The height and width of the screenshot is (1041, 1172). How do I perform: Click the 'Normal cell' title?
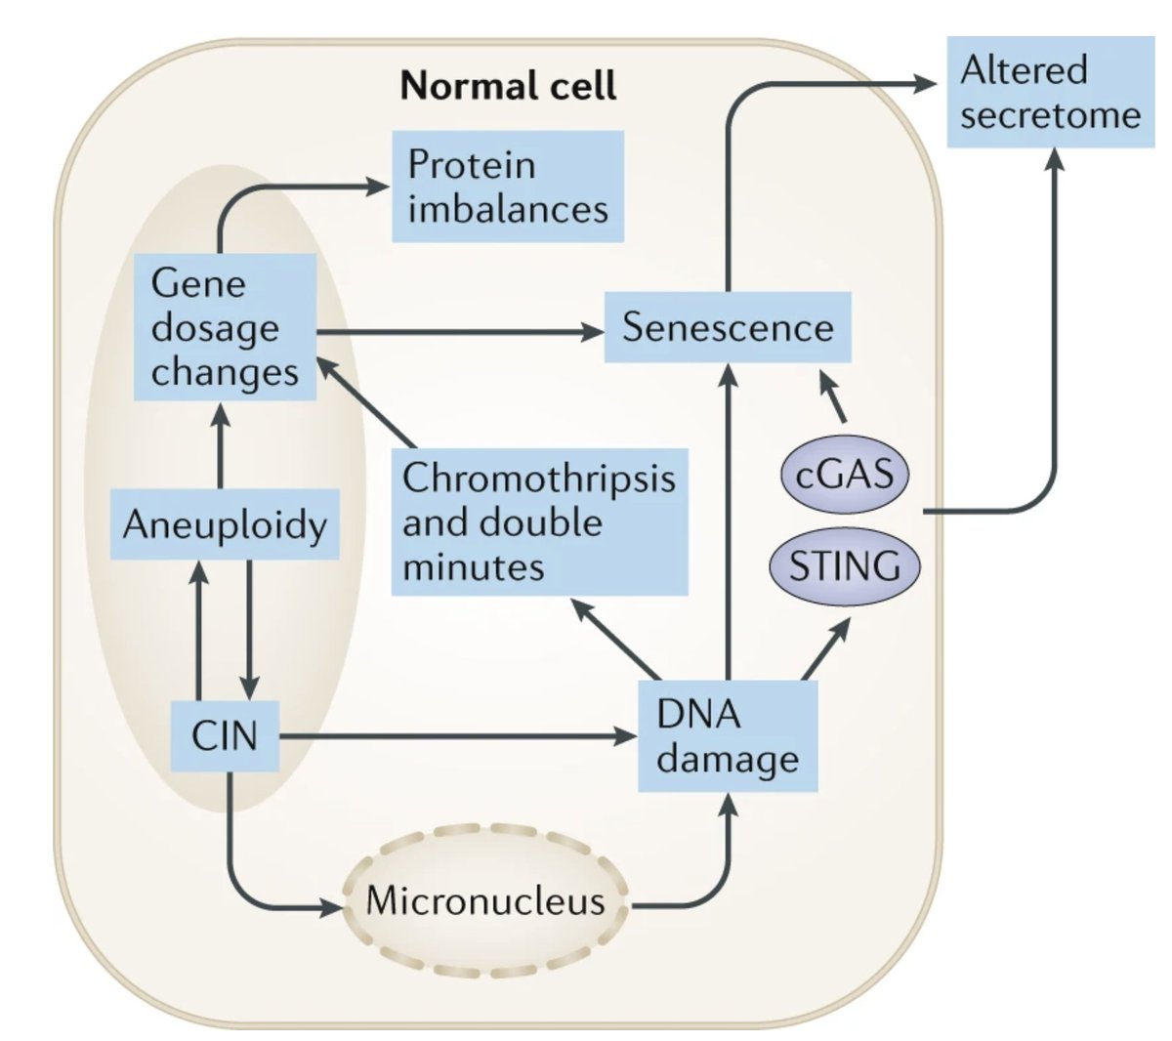(508, 86)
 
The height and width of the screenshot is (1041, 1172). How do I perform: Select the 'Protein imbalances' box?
(507, 187)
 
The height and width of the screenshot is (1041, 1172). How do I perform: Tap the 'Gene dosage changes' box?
(225, 328)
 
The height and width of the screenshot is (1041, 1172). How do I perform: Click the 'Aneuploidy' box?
(225, 525)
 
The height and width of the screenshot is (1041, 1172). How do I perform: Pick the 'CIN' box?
(225, 735)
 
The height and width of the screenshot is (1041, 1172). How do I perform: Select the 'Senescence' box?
(728, 327)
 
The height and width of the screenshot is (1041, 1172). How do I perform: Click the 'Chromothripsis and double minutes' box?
(539, 522)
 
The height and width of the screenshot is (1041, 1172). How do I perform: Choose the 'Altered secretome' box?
(1050, 93)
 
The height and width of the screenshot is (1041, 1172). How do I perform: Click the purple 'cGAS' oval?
(845, 475)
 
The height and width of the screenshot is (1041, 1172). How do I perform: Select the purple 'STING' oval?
(845, 566)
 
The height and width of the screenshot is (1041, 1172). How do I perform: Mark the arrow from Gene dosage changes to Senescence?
(459, 332)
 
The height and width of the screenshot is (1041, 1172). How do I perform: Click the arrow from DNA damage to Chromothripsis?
(615, 640)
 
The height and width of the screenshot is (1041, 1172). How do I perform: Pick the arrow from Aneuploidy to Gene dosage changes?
(221, 444)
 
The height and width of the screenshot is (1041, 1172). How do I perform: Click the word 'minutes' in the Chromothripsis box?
(474, 567)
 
